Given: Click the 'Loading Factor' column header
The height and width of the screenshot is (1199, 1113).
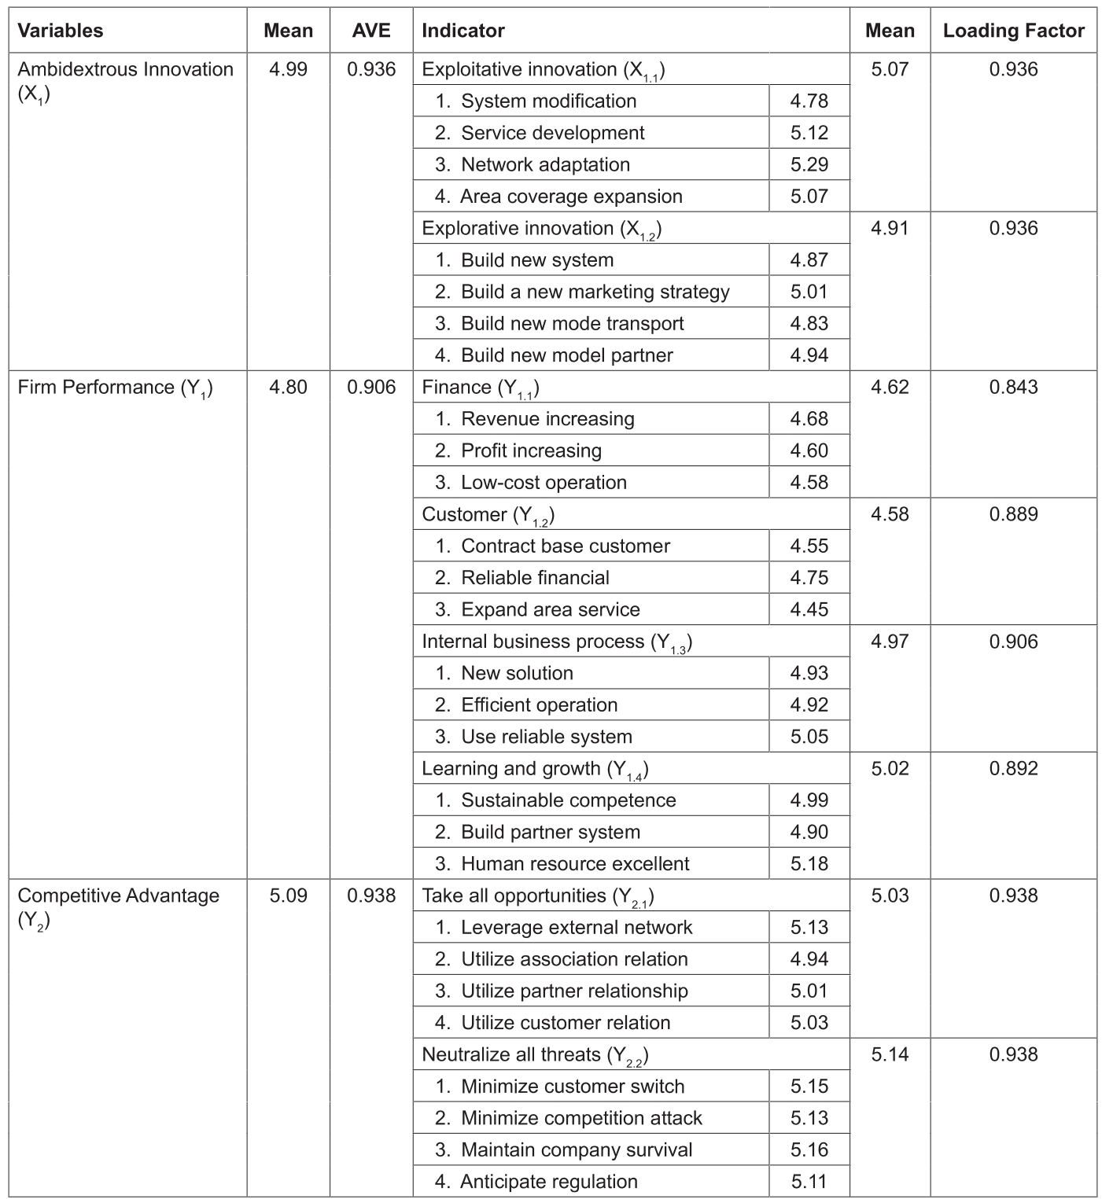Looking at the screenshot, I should coord(1013,31).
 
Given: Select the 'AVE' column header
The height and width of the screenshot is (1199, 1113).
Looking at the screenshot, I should coord(370,31).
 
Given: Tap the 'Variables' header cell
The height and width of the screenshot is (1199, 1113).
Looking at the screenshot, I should coord(61,31).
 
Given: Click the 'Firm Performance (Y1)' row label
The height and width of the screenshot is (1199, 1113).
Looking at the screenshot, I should coord(115,388).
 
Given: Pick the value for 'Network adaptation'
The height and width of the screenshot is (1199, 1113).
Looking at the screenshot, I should coord(809,164).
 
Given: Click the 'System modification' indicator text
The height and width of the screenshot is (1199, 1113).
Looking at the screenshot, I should coord(548,101).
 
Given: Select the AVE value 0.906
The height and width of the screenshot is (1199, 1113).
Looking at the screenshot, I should coord(371,387).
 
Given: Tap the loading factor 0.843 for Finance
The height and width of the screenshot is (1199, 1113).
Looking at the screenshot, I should coord(1013,387).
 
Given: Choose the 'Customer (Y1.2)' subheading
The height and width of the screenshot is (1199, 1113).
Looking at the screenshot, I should coord(488,515).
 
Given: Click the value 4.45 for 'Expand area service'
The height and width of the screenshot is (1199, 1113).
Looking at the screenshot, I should coord(809,609).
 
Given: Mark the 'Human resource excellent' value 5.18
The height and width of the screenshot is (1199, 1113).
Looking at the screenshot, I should coord(809,863).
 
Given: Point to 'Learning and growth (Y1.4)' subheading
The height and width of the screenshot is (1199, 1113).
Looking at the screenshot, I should coord(535,769).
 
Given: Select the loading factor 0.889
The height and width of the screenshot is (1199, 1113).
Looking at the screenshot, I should coord(1013,514).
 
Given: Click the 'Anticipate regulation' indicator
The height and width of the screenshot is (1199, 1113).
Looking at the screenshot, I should coord(548,1182).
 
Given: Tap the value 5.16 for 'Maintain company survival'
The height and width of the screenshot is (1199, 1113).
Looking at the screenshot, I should coord(809,1149).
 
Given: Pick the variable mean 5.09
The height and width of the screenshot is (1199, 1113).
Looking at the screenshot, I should coord(288,896).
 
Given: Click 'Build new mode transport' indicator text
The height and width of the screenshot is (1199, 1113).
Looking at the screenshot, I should coord(572,324).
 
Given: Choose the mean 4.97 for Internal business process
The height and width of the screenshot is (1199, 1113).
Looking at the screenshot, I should coord(890,642).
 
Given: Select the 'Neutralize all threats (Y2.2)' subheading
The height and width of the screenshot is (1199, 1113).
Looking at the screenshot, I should coord(535,1055).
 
